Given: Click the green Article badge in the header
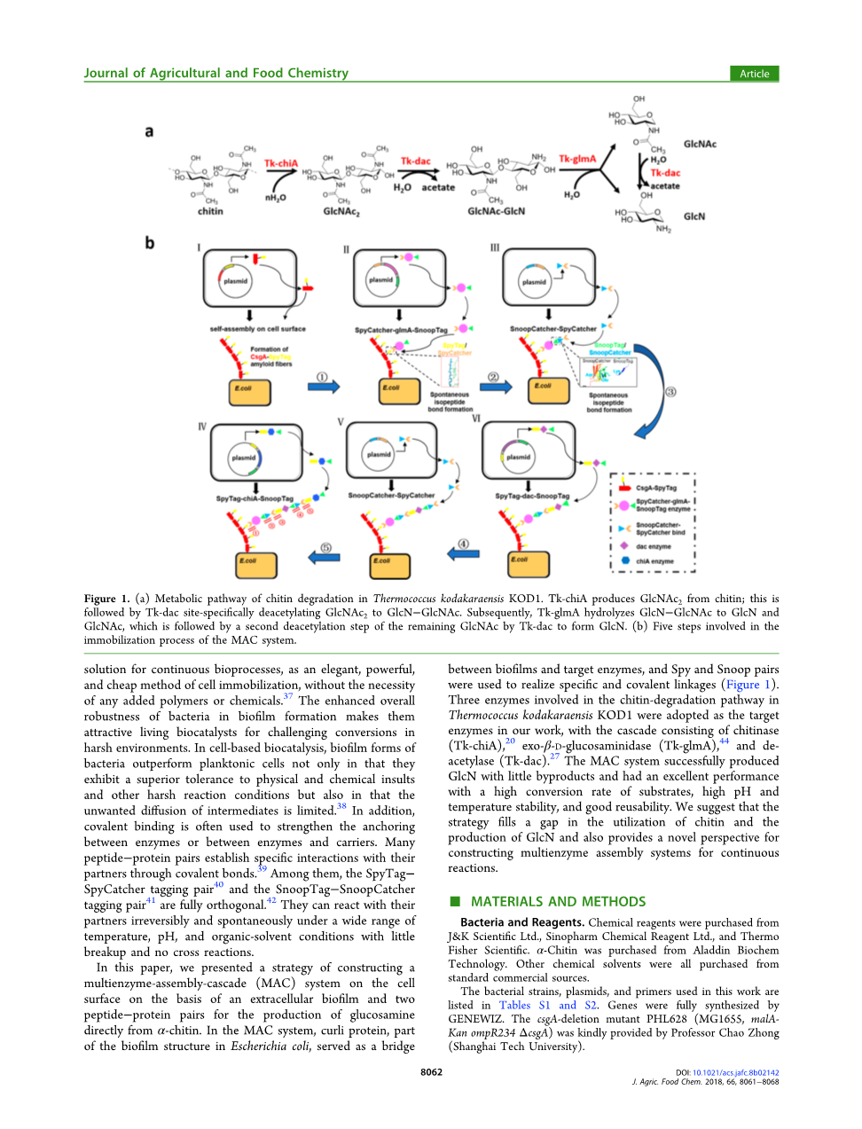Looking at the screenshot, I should (754, 74).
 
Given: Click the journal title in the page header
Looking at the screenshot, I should (216, 74).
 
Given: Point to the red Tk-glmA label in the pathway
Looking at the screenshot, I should (577, 160).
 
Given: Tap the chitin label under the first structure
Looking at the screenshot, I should (210, 212).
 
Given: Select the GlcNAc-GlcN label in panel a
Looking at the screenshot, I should (496, 212).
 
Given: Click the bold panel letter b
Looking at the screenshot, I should (150, 242).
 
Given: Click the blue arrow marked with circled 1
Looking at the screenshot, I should (324, 387).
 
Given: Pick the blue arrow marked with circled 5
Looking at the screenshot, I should (324, 557).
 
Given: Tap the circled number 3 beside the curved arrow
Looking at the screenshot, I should (670, 392).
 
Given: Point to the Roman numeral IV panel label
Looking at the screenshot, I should (202, 427).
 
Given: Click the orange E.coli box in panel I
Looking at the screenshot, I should (249, 392).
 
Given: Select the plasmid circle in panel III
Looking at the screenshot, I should (534, 282).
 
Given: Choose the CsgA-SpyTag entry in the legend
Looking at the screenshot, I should (655, 488).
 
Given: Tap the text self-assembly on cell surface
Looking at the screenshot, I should (257, 329).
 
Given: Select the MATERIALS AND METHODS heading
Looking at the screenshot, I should (558, 902).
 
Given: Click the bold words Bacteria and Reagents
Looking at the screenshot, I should (522, 922).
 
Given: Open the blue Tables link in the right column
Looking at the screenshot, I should (514, 1006).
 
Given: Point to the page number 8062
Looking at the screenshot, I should (431, 1072).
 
